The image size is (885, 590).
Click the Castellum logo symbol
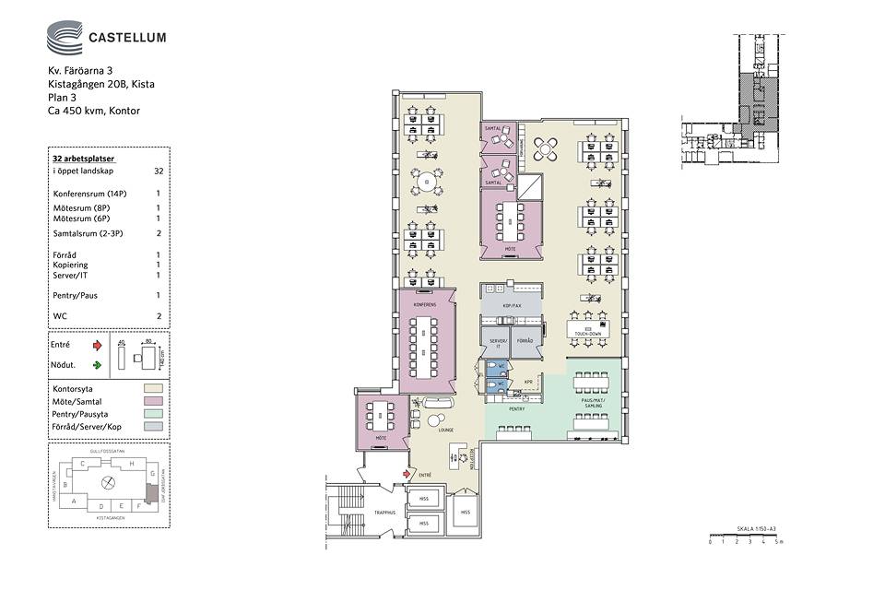pyautogui.click(x=65, y=39)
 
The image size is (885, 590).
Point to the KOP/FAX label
pyautogui.click(x=512, y=305)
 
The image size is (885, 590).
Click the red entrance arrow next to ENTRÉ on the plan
pyautogui.click(x=407, y=474)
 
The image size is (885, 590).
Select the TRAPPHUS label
pyautogui.click(x=384, y=512)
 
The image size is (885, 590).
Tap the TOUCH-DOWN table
pyautogui.click(x=587, y=330)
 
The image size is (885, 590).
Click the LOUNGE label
pyautogui.click(x=446, y=431)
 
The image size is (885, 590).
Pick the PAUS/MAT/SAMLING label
pyautogui.click(x=593, y=404)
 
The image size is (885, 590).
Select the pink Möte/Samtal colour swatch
pyautogui.click(x=154, y=402)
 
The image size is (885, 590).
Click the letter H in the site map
pyautogui.click(x=132, y=463)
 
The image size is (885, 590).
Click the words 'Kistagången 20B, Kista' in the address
pyautogui.click(x=101, y=84)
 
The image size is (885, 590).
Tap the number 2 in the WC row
pyautogui.click(x=159, y=316)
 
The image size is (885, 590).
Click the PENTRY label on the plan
pyautogui.click(x=516, y=407)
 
